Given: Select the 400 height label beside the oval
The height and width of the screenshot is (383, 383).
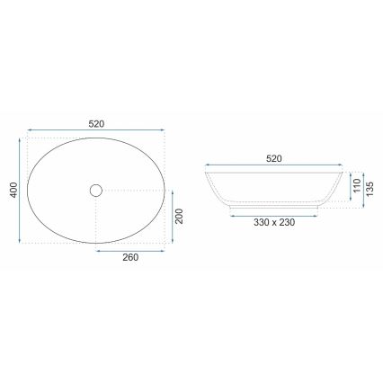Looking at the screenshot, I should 12,190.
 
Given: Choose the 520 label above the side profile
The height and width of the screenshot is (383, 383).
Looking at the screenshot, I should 274,157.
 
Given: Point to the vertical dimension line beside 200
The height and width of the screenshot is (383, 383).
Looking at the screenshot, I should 173,216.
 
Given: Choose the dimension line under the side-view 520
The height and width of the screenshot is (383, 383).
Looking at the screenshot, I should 274,167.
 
